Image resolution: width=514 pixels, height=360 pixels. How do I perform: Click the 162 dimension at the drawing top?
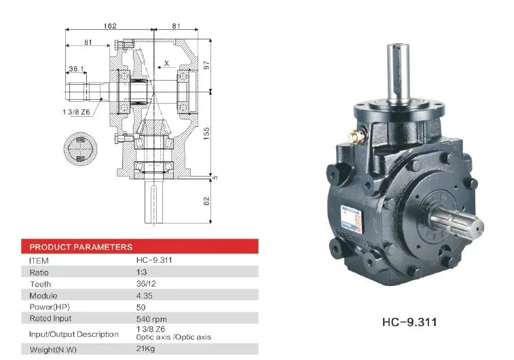click(x=110, y=26)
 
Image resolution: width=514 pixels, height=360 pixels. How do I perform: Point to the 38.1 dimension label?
click(x=76, y=69)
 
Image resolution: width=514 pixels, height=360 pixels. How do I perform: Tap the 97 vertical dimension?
click(x=206, y=65)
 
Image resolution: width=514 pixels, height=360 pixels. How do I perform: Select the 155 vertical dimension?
click(x=206, y=133)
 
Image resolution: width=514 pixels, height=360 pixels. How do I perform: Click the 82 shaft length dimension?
click(x=206, y=201)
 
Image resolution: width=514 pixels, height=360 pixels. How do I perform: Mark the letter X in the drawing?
click(x=166, y=63)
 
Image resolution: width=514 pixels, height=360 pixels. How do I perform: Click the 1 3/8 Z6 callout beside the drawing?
click(x=76, y=112)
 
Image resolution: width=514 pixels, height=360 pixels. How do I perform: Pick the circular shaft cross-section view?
click(x=80, y=149)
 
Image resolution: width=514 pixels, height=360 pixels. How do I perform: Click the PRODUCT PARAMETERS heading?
click(x=81, y=247)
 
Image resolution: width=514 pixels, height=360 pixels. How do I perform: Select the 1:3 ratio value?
click(x=142, y=272)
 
